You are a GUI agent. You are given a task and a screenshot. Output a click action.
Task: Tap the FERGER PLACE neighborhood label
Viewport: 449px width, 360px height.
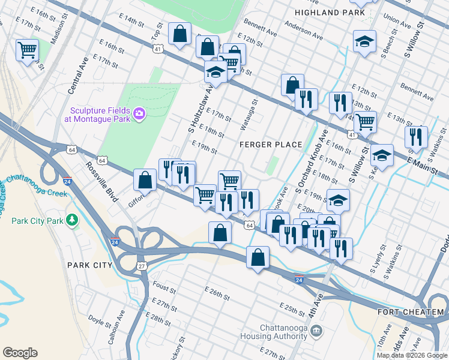pyautogui.click(x=270, y=145)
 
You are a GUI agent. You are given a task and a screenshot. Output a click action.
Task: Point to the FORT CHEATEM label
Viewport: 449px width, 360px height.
pyautogui.click(x=411, y=312)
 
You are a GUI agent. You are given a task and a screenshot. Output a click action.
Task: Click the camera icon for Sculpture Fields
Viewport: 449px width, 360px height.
pyautogui.click(x=139, y=113)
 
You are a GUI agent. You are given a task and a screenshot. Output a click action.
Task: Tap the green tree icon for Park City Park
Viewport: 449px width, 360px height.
pyautogui.click(x=73, y=220)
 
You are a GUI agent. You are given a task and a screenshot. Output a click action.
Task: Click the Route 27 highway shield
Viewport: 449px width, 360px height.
pyautogui.click(x=142, y=266)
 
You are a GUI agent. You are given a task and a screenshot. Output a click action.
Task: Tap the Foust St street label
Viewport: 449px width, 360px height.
pyautogui.click(x=164, y=288)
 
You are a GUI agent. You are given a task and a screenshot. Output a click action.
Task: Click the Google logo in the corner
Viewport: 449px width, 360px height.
pyautogui.click(x=20, y=353)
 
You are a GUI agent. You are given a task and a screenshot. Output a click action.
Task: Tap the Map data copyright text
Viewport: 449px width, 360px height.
pyautogui.click(x=412, y=355)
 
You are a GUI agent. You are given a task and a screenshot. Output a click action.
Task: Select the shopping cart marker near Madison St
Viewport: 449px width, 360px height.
pyautogui.click(x=27, y=50)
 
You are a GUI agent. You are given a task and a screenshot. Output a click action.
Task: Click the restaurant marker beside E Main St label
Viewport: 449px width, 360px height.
pyautogui.click(x=416, y=137)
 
